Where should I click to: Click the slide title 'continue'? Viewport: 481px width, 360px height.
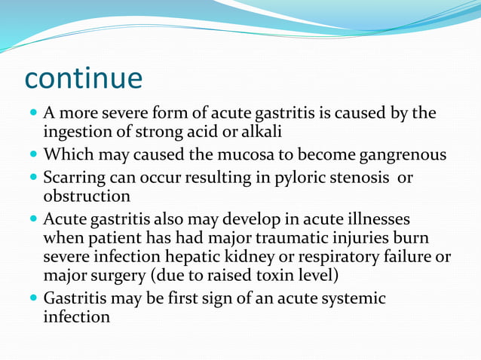point(83,78)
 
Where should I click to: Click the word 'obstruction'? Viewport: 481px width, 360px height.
point(87,197)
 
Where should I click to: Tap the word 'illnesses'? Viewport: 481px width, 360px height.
point(377,219)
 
